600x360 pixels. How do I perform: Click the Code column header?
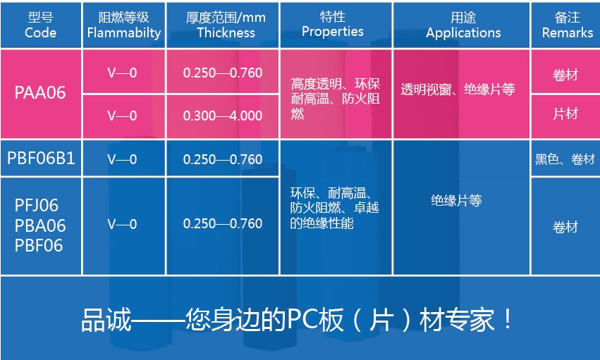[41, 25]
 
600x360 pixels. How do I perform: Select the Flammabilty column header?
[124, 25]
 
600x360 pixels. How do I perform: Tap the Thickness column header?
[226, 25]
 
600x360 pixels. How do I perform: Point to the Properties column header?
[333, 25]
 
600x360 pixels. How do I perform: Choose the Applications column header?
[463, 25]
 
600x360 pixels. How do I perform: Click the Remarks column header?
[568, 25]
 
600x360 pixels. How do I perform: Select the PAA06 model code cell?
[40, 93]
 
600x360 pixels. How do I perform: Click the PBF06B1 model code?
[41, 159]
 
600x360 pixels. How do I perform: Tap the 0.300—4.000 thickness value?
[223, 116]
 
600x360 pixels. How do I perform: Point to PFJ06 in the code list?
[37, 206]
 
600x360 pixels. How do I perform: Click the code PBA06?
[40, 226]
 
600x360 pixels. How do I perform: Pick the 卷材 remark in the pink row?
[565, 75]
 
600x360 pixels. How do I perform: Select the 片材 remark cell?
[565, 114]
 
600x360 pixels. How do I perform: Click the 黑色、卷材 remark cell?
[565, 159]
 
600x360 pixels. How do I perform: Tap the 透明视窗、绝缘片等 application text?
[458, 89]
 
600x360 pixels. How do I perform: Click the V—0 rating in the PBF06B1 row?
[122, 159]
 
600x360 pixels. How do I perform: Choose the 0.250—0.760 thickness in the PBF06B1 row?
[223, 159]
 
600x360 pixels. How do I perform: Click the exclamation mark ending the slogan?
[508, 318]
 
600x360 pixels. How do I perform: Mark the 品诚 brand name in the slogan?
[106, 320]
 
